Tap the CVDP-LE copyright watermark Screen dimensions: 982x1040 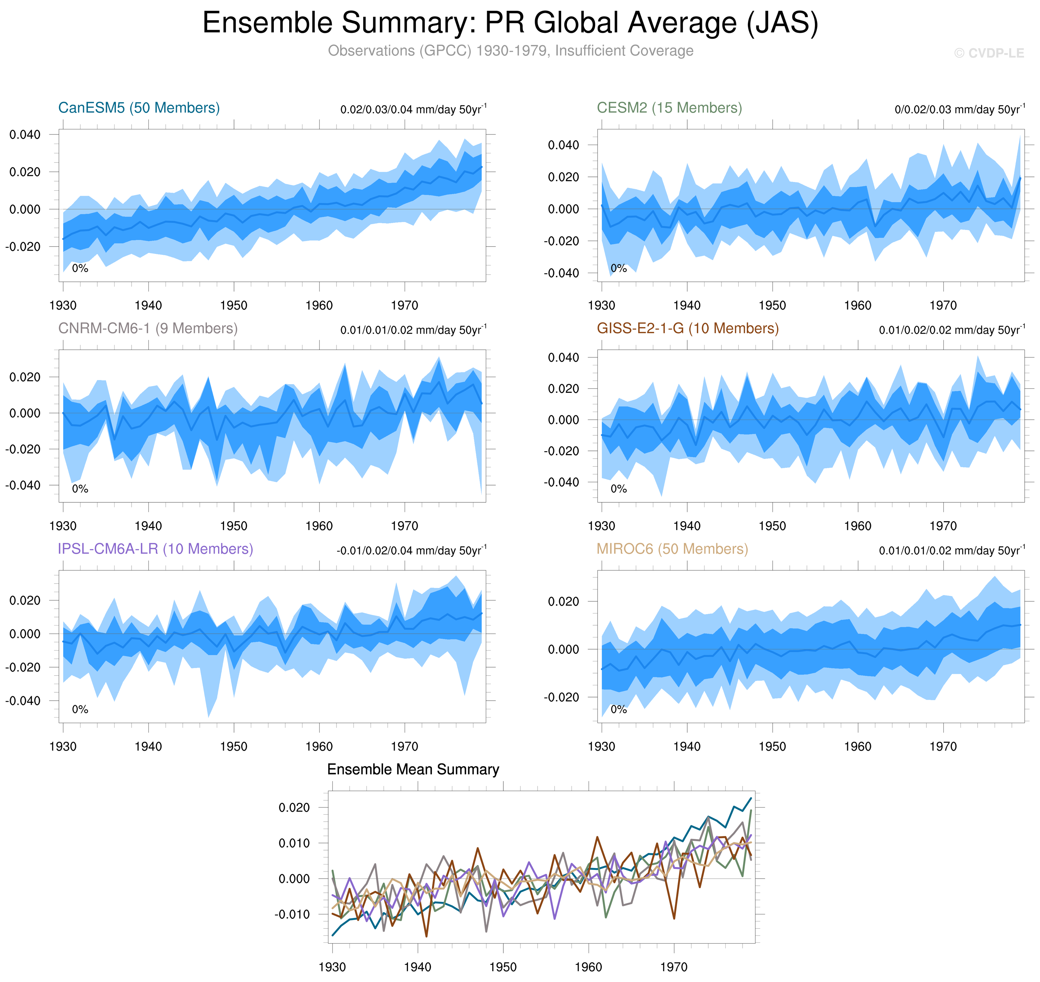point(988,53)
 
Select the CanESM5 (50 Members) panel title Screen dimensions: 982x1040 point(139,108)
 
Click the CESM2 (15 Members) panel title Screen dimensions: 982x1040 point(669,108)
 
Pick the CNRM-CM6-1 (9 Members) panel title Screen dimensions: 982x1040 point(147,328)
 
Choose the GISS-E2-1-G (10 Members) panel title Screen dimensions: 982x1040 point(687,328)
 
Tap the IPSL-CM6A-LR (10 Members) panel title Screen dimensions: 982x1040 point(155,549)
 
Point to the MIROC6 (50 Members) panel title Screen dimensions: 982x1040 point(672,549)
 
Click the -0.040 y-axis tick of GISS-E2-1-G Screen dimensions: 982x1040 point(561,482)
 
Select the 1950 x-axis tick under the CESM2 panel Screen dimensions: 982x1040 point(772,305)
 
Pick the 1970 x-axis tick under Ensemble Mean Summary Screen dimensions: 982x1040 point(674,966)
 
